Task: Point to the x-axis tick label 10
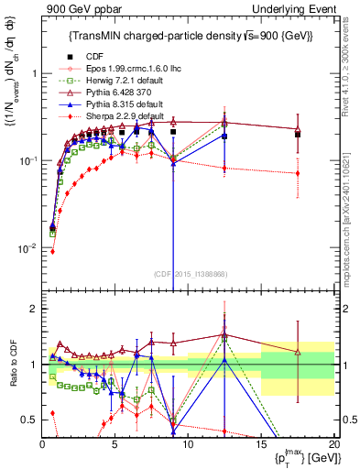[x=188, y=444]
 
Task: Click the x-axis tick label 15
[x=261, y=444]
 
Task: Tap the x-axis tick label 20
[x=333, y=444]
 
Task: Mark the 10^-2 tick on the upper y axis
[x=27, y=249]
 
